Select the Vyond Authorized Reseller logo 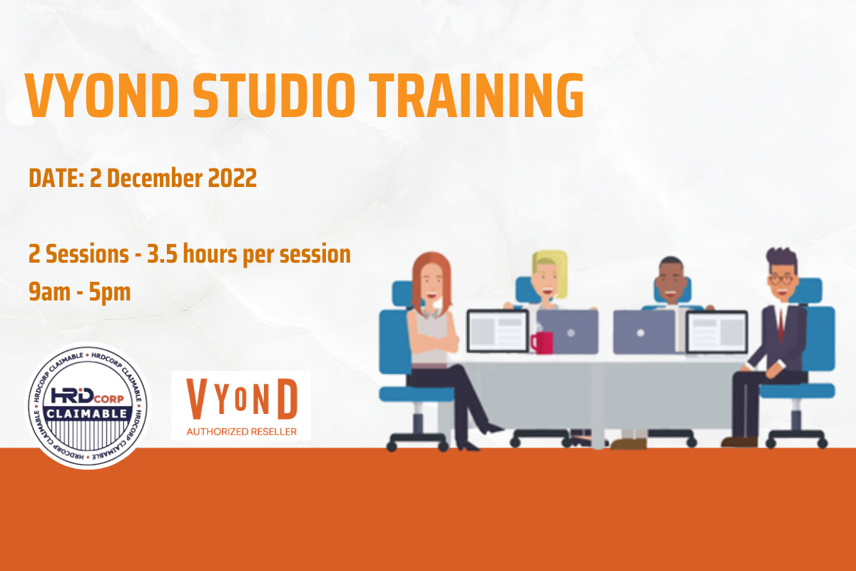[x=241, y=405]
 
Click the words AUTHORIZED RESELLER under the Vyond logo [x=241, y=431]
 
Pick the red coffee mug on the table [x=541, y=343]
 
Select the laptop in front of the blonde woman [x=567, y=331]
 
